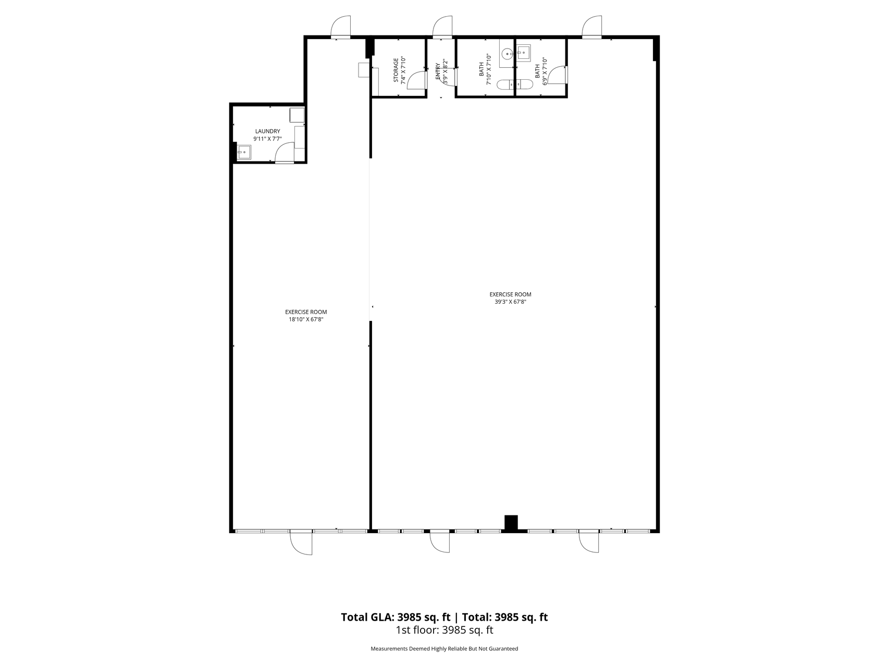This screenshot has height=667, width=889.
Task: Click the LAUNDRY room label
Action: [x=267, y=131]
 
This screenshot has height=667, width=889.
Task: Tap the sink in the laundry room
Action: [x=244, y=152]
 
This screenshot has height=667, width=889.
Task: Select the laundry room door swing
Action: [x=285, y=153]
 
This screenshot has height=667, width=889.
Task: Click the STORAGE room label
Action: [x=396, y=70]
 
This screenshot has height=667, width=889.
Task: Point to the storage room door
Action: [x=416, y=80]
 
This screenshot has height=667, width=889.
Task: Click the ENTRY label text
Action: [x=438, y=71]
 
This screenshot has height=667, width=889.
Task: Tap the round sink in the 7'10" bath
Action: [x=507, y=53]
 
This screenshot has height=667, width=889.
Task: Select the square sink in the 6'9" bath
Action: [x=523, y=53]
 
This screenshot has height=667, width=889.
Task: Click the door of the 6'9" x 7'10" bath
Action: [x=558, y=75]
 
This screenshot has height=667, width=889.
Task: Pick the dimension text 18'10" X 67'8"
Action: [x=306, y=319]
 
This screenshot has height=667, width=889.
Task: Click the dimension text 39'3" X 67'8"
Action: [x=510, y=302]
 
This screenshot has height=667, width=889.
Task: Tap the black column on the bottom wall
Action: [x=511, y=523]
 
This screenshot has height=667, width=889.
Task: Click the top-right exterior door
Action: [x=592, y=27]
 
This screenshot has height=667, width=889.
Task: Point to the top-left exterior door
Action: [x=341, y=27]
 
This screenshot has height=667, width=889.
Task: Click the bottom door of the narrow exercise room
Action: [x=301, y=542]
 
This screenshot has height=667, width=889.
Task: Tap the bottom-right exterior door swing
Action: [x=589, y=541]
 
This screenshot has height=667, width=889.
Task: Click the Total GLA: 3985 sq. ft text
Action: [x=396, y=617]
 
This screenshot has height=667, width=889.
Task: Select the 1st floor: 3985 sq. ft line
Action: [x=444, y=630]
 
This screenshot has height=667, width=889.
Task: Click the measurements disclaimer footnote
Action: [x=444, y=649]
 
